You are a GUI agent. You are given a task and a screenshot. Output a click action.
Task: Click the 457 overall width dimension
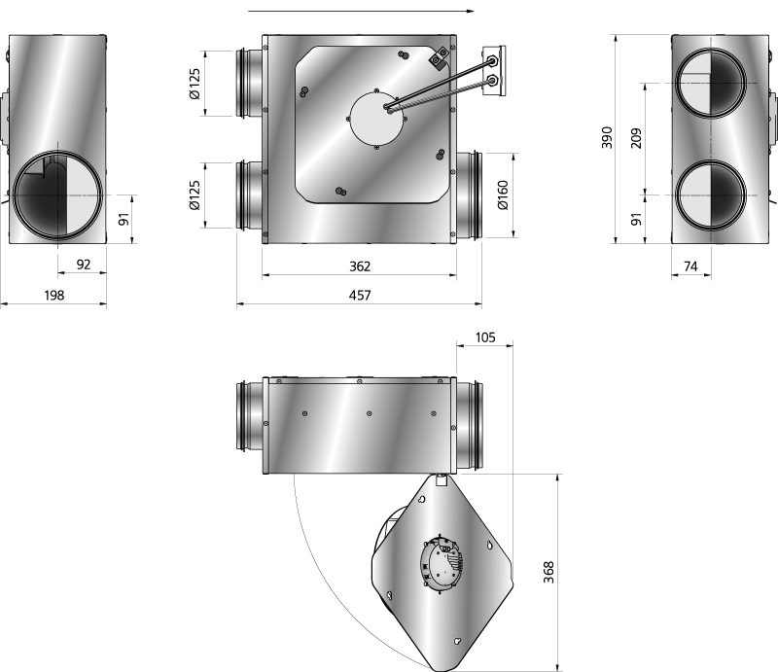coord(360,296)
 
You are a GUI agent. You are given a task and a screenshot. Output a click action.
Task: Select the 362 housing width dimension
coord(360,266)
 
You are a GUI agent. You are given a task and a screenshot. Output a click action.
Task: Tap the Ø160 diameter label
coord(502,195)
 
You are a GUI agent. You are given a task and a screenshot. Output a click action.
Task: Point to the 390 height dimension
coord(607,137)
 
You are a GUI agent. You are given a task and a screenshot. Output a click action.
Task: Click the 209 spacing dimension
coord(636,138)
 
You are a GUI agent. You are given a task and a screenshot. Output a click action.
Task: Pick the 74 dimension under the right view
coord(690,266)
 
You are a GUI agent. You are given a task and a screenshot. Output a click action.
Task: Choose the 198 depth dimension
coord(54,296)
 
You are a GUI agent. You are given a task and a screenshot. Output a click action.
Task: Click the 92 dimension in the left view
coord(84,265)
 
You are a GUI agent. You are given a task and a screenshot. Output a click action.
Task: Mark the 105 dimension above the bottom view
coord(485,337)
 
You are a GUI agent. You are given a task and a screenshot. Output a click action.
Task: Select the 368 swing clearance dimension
coord(548,572)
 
